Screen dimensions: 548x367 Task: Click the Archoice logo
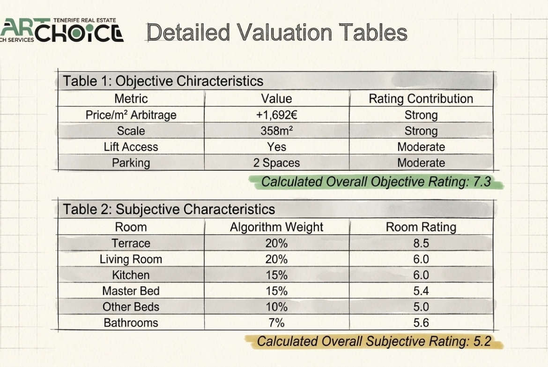point(61,30)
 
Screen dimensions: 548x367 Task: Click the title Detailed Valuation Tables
point(277,32)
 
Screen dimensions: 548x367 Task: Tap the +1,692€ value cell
point(276,115)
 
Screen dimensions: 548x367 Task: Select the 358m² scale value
point(276,131)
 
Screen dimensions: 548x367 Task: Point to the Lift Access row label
point(131,147)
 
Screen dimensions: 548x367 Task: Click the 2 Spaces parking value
point(276,163)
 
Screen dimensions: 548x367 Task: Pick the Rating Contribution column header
point(421,99)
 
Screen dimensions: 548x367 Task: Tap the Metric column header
point(131,99)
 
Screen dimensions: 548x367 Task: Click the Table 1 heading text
point(163,81)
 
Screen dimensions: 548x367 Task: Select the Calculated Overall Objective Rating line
point(376,182)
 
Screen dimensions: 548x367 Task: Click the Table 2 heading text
point(169,209)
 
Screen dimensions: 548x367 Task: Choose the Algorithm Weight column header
point(276,227)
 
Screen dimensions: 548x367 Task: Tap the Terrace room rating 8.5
point(421,243)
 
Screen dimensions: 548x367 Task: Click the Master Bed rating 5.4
point(421,291)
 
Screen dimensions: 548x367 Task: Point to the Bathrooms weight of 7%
point(276,323)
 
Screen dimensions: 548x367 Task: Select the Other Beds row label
point(131,307)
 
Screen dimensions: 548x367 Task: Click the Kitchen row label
point(131,275)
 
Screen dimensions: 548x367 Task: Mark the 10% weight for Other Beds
point(276,307)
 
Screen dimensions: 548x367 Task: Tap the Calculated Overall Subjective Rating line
point(374,341)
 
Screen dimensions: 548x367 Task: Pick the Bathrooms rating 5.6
point(421,323)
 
